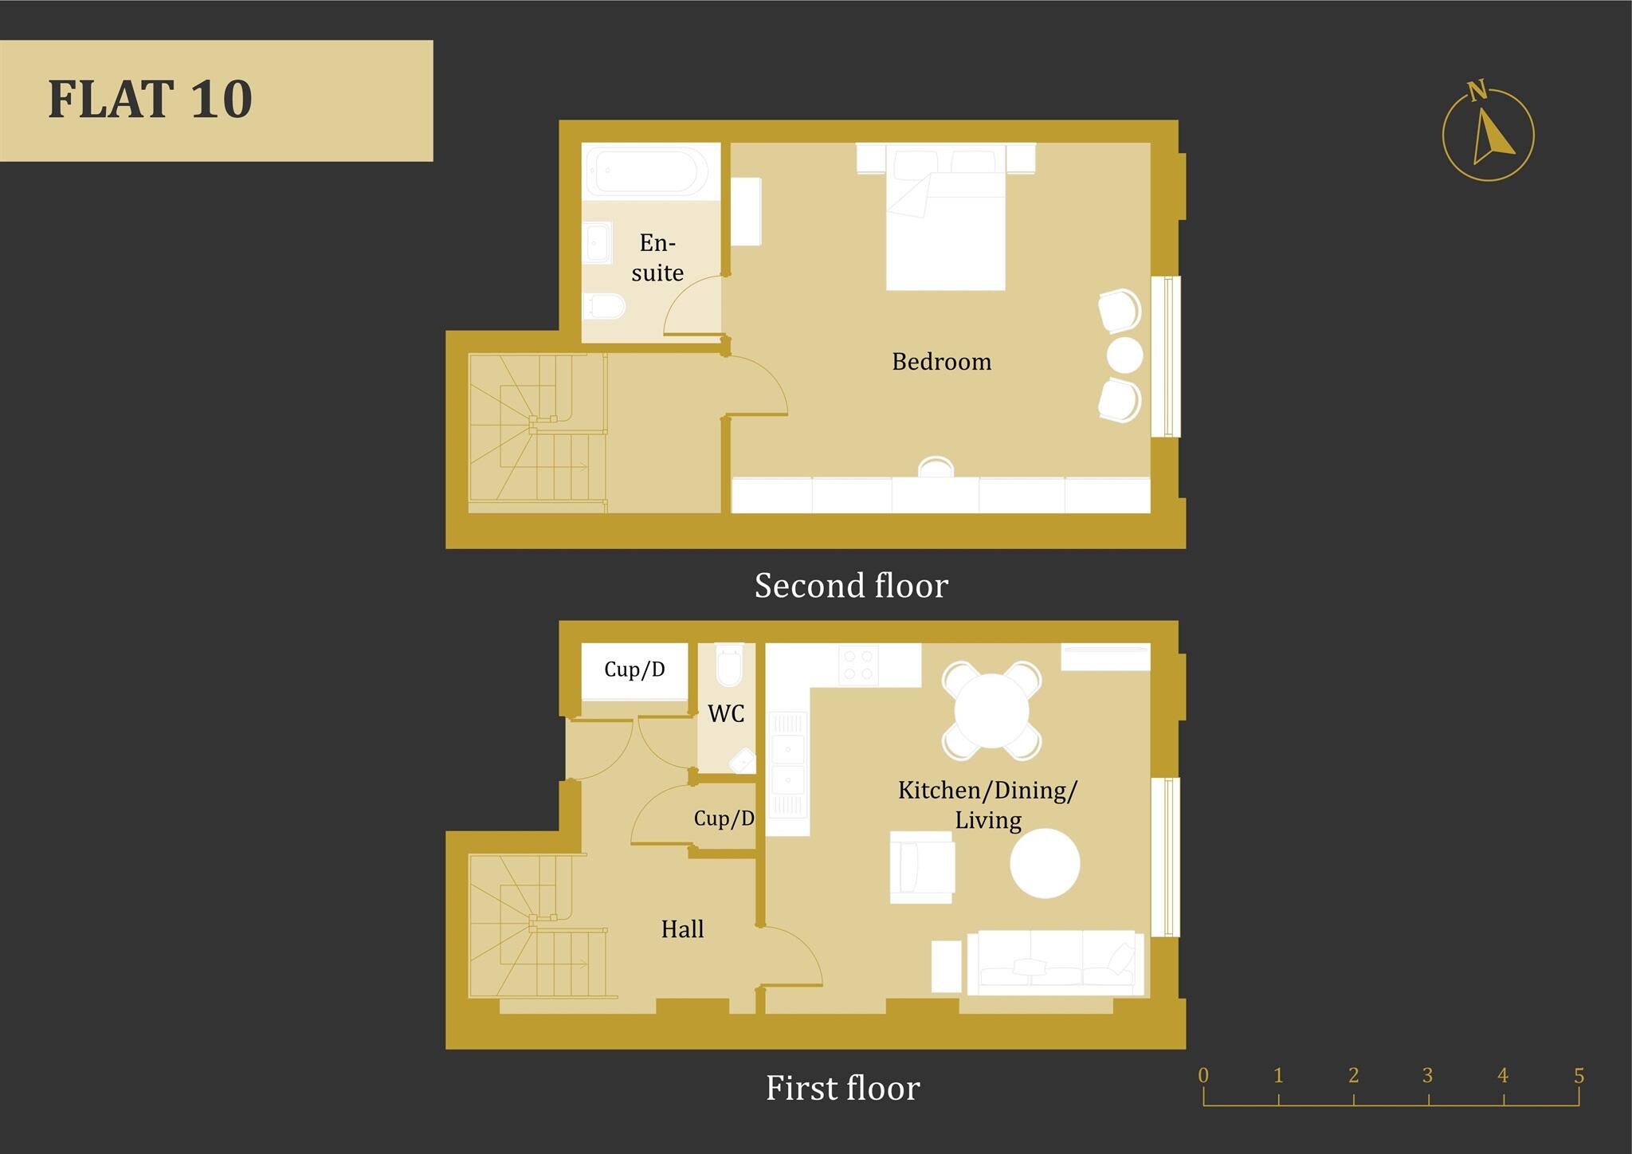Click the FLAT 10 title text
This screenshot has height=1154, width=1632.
coord(150,100)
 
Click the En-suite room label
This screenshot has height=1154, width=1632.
coord(657,257)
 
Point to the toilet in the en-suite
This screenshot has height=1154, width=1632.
coord(603,305)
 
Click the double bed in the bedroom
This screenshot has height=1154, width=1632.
coord(946,227)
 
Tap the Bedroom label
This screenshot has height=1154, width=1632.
coord(941,362)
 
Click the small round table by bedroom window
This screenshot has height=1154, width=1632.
coord(1124,355)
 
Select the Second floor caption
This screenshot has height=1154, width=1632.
coord(851,586)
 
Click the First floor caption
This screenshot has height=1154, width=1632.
coord(842,1088)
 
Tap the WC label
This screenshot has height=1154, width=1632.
coord(726,713)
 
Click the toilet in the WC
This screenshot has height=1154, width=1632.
coord(729,666)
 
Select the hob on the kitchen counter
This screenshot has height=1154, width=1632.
coord(858,665)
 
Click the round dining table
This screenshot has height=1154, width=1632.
coord(991,710)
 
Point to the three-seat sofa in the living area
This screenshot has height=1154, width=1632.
coord(1054,963)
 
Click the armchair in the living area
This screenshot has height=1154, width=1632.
coord(923,867)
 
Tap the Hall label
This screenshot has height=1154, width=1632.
coord(682,929)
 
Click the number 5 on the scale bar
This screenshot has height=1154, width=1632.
coord(1579,1076)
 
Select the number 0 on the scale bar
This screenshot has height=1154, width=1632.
coord(1203,1076)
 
